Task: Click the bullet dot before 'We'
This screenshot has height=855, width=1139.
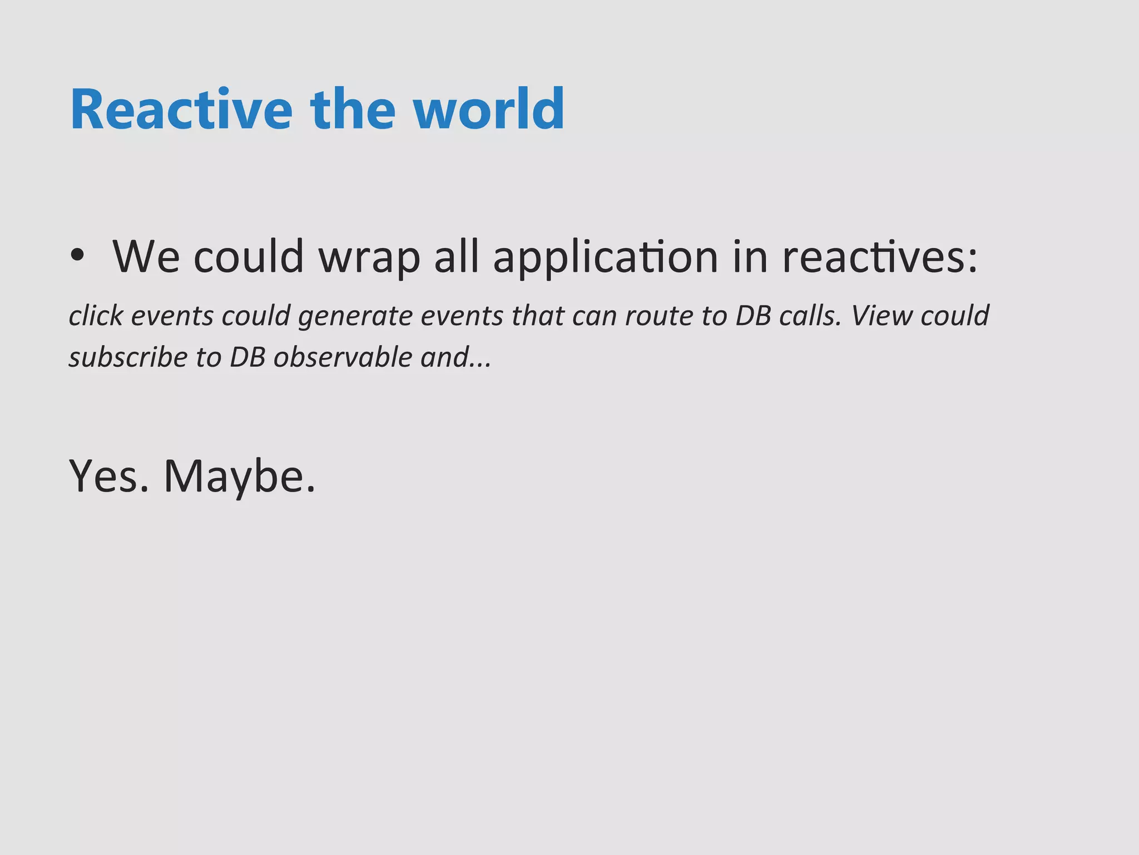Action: pos(77,255)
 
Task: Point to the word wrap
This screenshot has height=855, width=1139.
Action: pos(369,257)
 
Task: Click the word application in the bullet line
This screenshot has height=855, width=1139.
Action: pos(606,257)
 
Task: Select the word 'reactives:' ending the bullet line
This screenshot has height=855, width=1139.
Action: pos(880,257)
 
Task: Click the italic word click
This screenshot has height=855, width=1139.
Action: pos(96,316)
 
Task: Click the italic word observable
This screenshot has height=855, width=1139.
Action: pos(343,357)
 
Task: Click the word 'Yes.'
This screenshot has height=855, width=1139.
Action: pos(109,476)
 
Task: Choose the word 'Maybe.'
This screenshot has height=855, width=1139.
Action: pos(240,478)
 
